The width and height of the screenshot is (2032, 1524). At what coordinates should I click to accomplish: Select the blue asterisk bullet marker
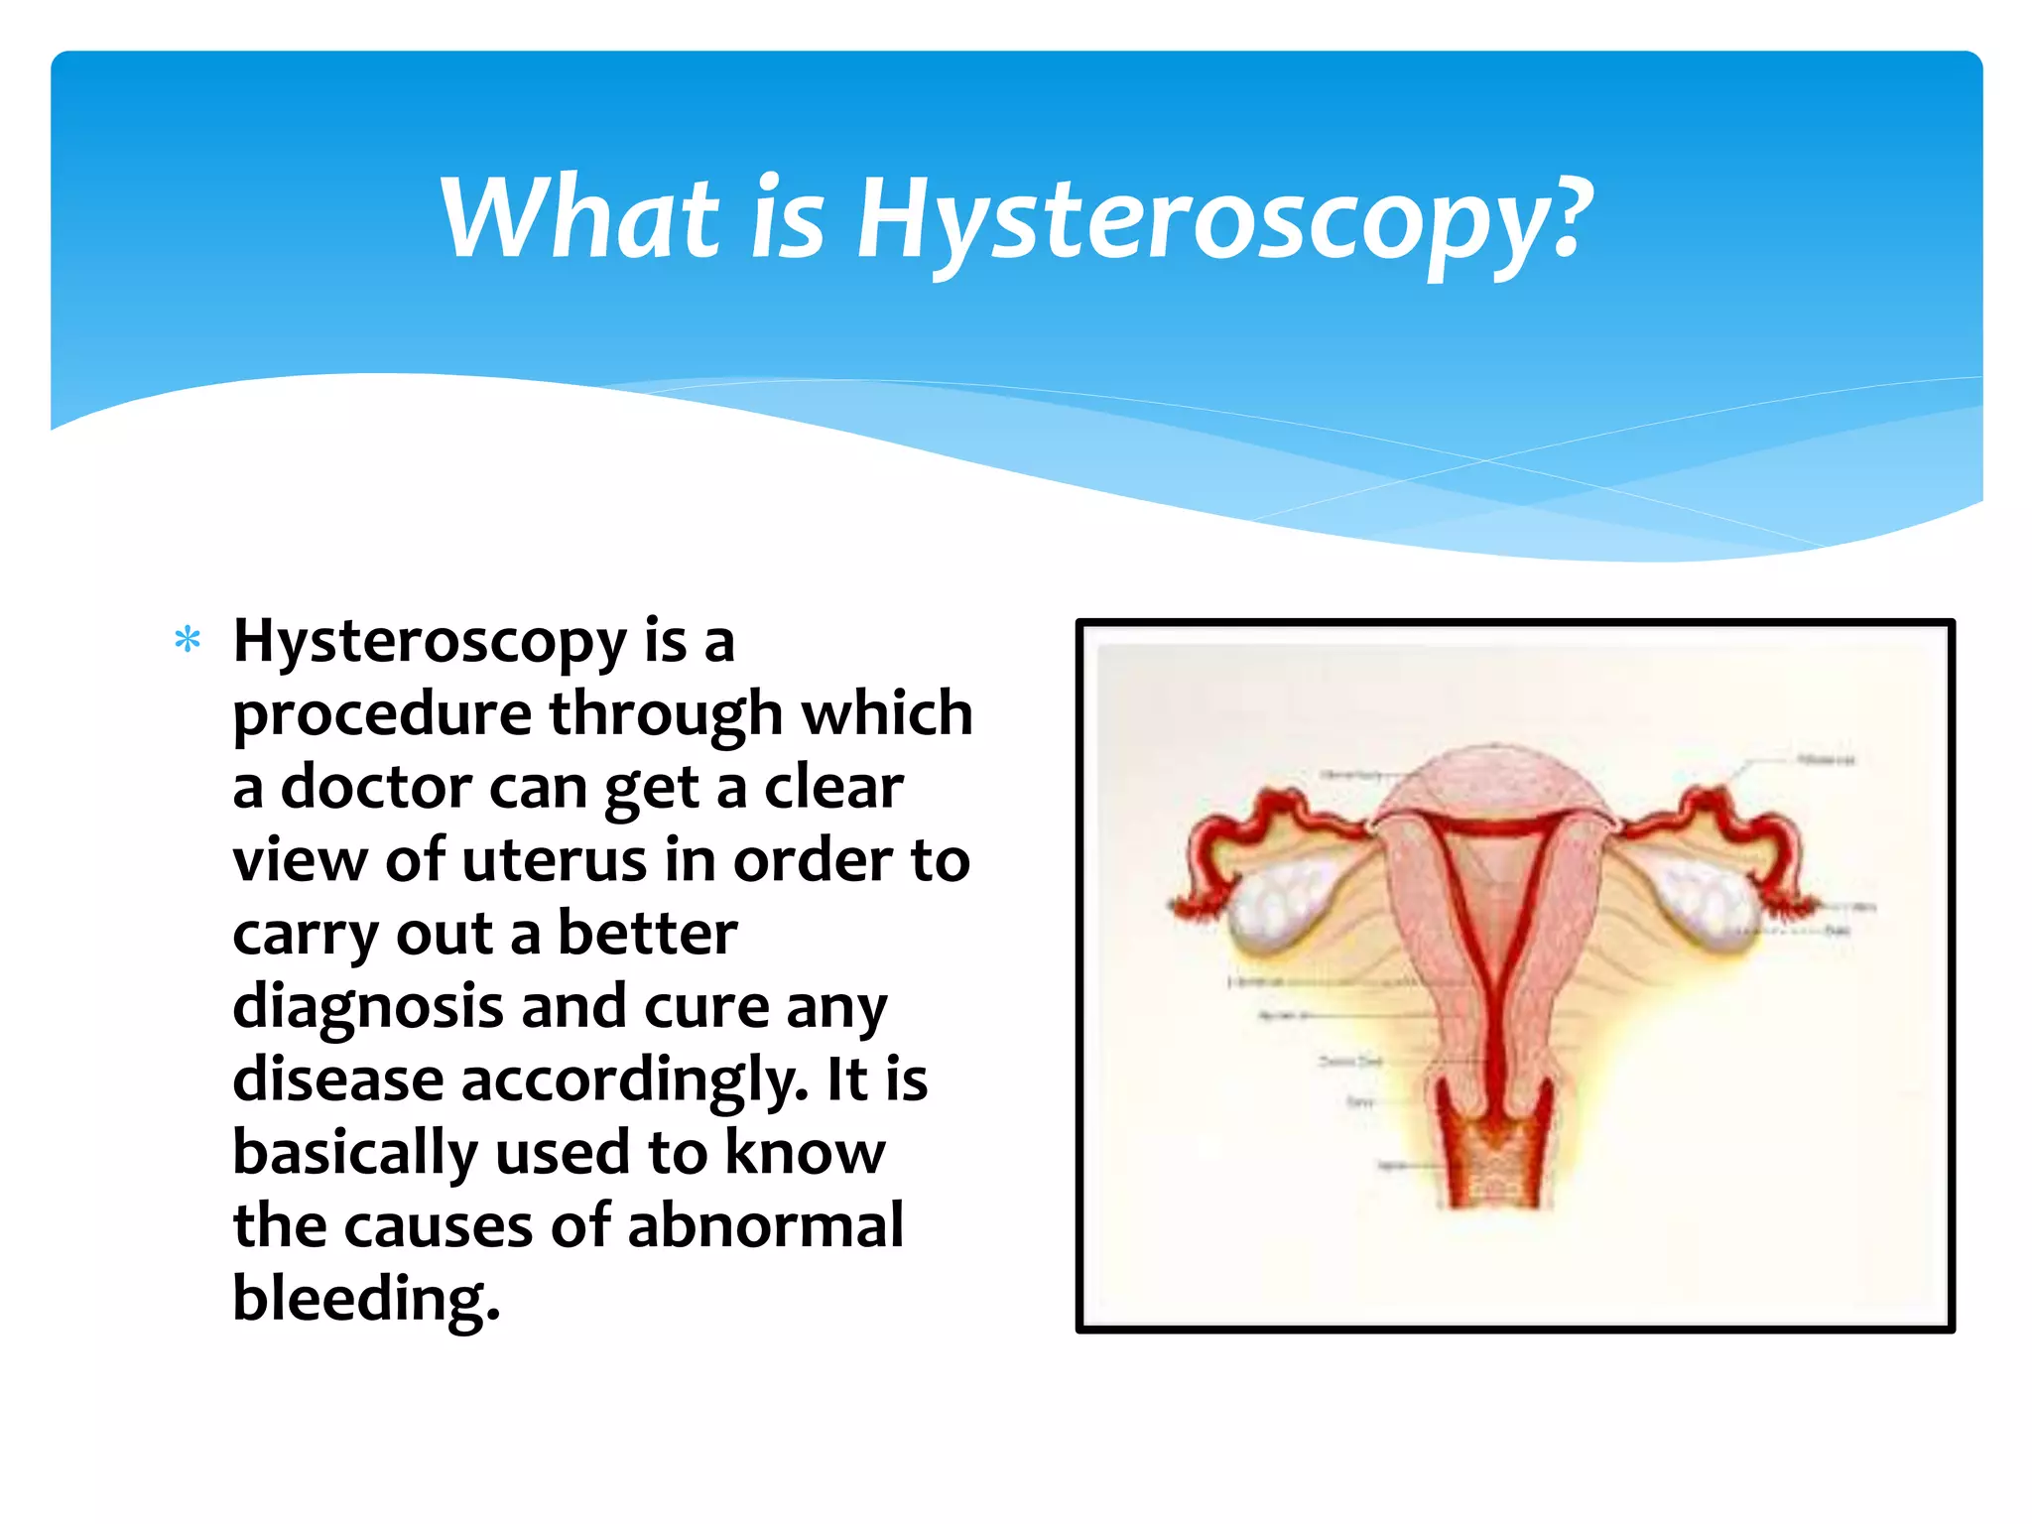point(188,640)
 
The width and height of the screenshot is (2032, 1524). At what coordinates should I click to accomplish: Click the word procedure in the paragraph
point(382,714)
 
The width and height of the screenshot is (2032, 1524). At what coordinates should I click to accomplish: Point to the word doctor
point(376,787)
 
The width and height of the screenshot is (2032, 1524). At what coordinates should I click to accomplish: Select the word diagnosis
point(368,1007)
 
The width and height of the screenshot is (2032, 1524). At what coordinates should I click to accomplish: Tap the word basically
point(354,1153)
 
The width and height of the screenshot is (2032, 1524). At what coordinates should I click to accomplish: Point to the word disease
point(337,1079)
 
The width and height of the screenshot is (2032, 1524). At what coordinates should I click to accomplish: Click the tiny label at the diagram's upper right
point(1826,760)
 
